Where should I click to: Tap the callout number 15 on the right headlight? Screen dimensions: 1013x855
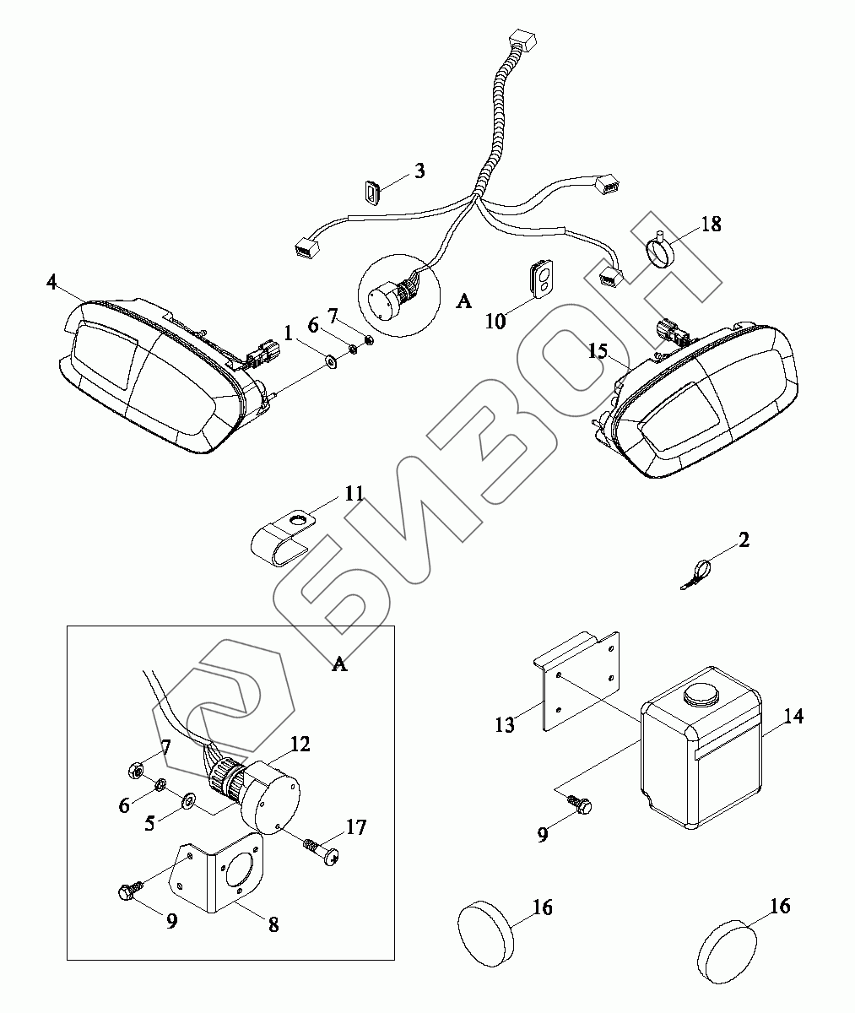point(598,349)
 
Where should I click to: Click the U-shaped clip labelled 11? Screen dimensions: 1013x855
point(283,539)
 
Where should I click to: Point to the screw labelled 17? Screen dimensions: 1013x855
point(323,851)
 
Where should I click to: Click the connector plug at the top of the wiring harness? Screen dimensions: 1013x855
point(522,39)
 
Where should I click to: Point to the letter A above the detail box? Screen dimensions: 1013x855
point(338,664)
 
